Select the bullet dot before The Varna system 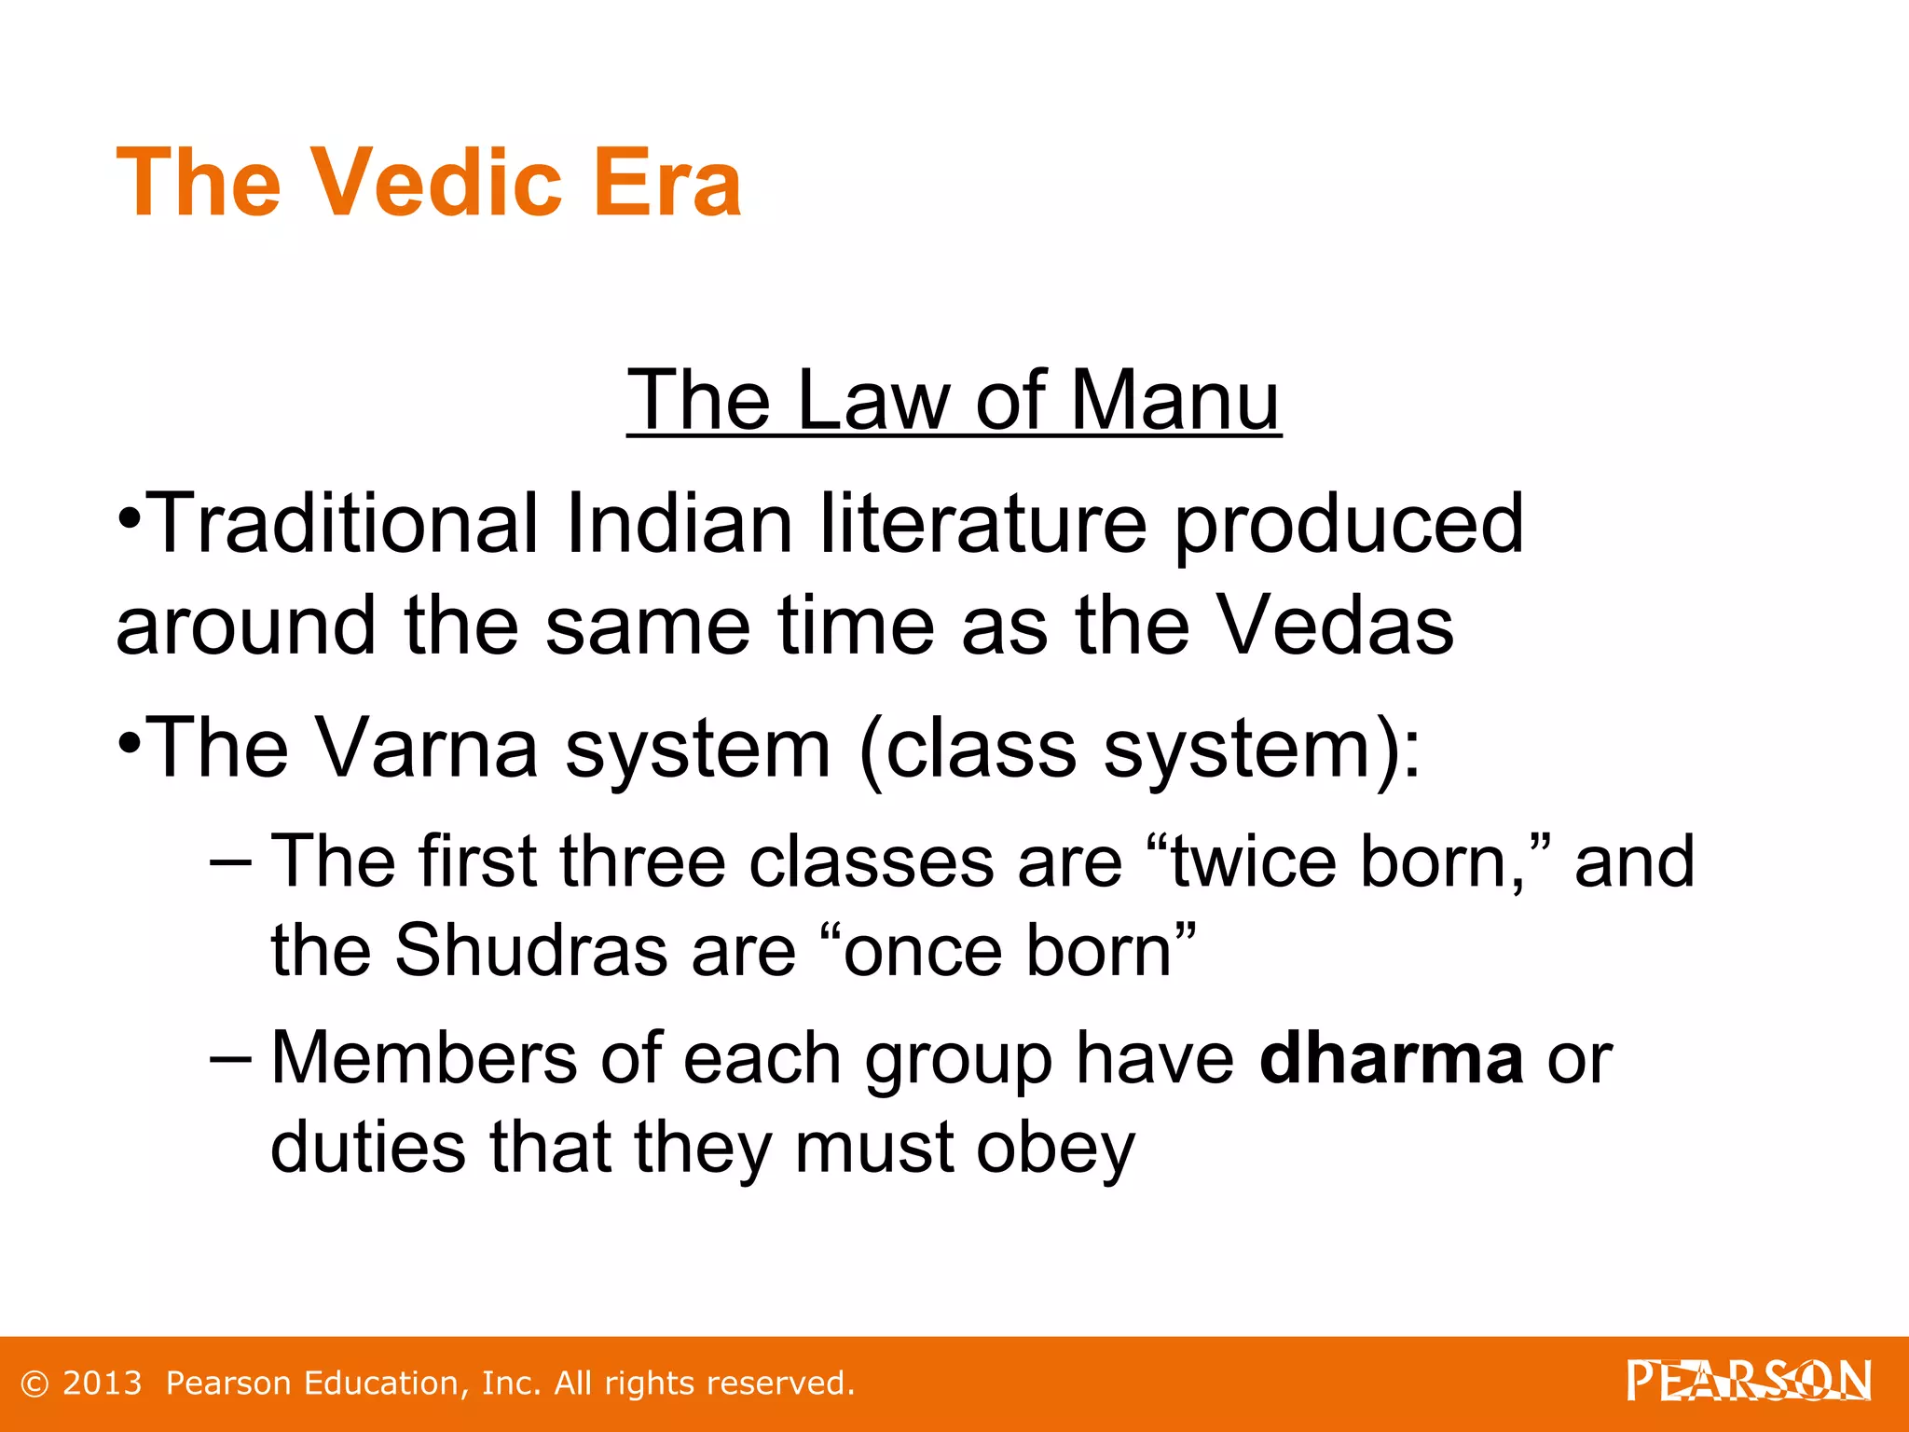click(130, 742)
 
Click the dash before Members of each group click(230, 1059)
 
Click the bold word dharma click(1391, 1058)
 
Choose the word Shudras click(530, 950)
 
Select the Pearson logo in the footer click(1748, 1382)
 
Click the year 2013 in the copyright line click(102, 1384)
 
